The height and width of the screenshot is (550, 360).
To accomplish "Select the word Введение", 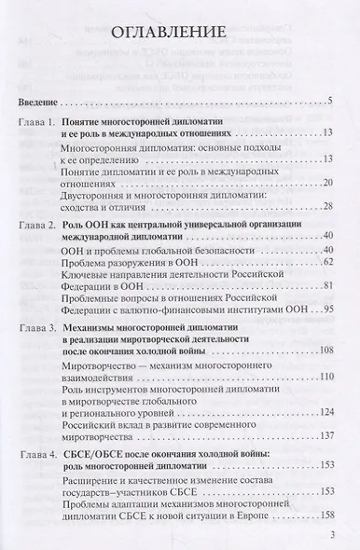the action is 39,100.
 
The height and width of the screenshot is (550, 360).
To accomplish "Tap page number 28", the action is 326,206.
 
